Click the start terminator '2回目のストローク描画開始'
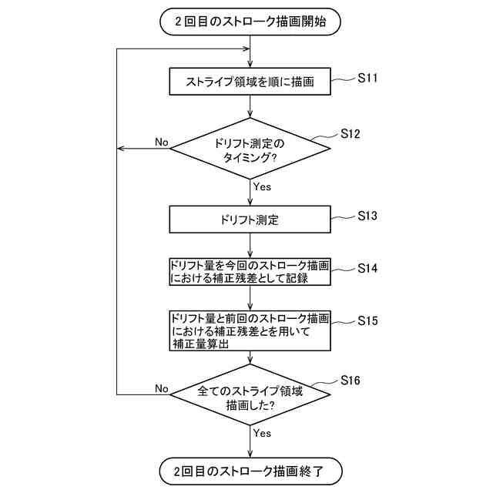pos(250,22)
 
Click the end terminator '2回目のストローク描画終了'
pos(250,470)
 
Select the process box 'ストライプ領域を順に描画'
pos(250,82)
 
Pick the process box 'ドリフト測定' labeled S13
pos(250,220)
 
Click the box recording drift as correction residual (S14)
pos(250,271)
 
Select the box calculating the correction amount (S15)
pos(250,330)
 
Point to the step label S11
pos(368,78)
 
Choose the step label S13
pos(368,216)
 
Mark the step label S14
pos(368,268)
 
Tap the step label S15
pos(368,320)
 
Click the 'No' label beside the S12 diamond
pos(161,142)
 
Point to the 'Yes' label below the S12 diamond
pos(262,186)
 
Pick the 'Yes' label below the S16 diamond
pos(262,433)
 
